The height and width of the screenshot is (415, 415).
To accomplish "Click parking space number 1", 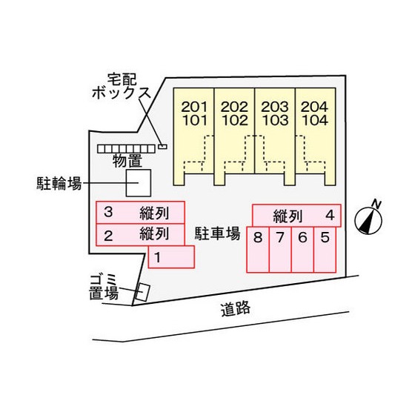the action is (x=171, y=256).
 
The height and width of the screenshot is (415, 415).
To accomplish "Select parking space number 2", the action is (x=140, y=235).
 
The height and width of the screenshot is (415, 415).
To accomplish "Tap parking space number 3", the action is (x=140, y=213).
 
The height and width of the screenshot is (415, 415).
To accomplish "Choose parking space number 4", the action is (x=296, y=216).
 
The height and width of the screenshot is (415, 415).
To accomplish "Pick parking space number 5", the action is (x=325, y=249).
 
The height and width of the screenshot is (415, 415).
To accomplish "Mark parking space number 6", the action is (x=302, y=249).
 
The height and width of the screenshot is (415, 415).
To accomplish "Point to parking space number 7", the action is (x=280, y=249).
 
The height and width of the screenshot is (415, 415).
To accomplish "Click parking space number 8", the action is (x=258, y=249).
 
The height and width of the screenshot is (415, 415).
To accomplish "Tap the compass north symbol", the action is (x=368, y=219).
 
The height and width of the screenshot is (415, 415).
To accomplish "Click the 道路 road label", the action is (x=236, y=310).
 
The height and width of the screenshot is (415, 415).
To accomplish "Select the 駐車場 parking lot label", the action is (x=218, y=233).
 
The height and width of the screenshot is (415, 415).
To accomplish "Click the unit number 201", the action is (x=194, y=107).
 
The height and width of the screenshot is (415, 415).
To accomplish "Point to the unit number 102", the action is (x=235, y=120).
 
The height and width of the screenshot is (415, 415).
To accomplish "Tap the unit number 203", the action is (x=275, y=107).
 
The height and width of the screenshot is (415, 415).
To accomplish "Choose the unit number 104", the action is (x=315, y=120).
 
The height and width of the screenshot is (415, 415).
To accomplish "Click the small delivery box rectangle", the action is (x=162, y=147).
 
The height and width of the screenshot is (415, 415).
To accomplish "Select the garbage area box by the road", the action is (x=142, y=292).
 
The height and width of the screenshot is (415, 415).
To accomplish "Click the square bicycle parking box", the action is (x=139, y=183).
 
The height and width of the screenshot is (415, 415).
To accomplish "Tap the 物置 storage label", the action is (x=127, y=161).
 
